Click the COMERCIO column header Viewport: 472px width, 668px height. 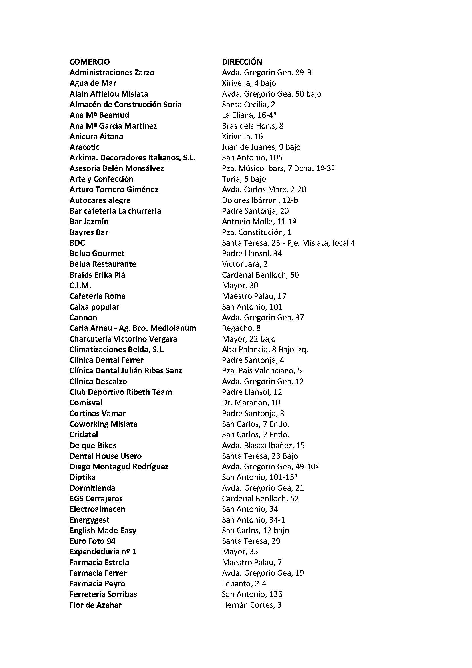click(x=90, y=62)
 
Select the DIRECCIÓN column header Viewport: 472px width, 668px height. click(x=242, y=62)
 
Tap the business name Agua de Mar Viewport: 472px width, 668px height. click(x=93, y=83)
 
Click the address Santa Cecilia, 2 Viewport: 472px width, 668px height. click(x=248, y=104)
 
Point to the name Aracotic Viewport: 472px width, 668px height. click(x=84, y=147)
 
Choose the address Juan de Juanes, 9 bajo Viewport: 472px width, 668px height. click(x=261, y=147)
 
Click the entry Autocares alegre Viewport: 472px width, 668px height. click(x=100, y=200)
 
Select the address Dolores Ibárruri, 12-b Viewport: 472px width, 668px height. click(x=260, y=200)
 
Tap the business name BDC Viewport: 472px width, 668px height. click(x=77, y=243)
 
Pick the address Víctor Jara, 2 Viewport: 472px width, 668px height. click(x=245, y=264)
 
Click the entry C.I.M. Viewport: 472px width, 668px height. click(x=80, y=285)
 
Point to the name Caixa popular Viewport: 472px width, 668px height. click(x=94, y=307)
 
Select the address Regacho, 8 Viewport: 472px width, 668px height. click(x=241, y=328)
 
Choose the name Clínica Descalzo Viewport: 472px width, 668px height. click(x=98, y=382)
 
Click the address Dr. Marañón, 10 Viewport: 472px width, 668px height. click(x=251, y=403)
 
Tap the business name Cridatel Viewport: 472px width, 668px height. click(x=84, y=435)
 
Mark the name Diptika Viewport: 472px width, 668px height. click(x=82, y=477)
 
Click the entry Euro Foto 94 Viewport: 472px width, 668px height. click(x=92, y=541)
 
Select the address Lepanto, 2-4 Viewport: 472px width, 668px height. click(x=244, y=584)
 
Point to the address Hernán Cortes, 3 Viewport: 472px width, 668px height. click(x=251, y=605)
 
